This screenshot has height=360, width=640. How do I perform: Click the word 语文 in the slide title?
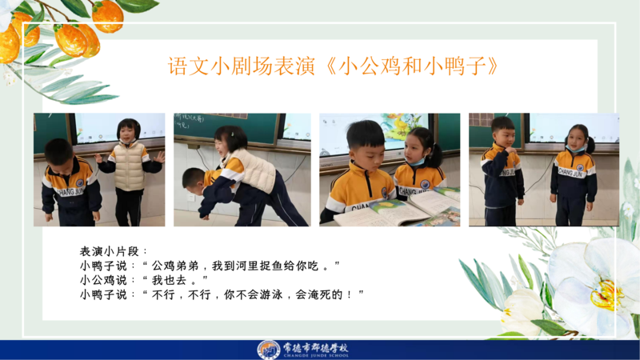189,66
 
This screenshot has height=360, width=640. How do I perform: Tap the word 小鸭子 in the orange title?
455,66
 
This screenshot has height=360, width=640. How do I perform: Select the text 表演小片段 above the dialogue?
110,251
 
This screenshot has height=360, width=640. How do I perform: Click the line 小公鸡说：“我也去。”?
144,280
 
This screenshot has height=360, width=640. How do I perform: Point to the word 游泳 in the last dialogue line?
271,294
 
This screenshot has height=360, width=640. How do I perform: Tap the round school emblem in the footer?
268,350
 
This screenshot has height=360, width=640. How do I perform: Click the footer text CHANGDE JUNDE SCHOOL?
316,355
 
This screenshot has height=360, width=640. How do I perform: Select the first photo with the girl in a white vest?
99,170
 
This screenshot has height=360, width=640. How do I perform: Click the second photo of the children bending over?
242,170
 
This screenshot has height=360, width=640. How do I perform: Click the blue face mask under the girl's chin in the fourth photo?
576,149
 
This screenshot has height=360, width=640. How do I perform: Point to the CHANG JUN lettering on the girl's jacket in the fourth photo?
570,173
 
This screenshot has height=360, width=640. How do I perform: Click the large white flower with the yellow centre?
596,286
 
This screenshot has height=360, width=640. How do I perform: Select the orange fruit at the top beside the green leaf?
108,16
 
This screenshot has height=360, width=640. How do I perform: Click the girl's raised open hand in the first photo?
160,157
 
